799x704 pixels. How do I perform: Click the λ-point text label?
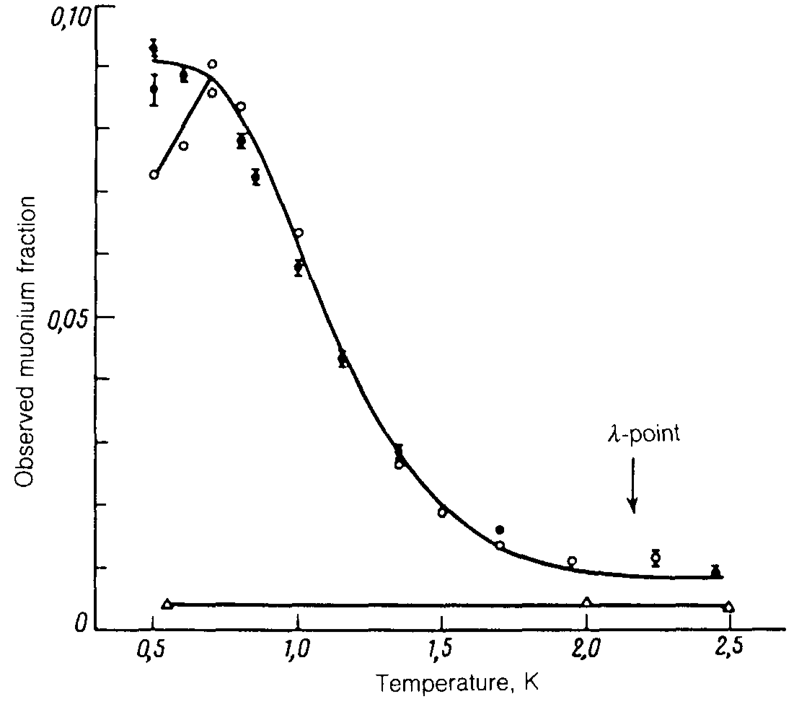coord(642,436)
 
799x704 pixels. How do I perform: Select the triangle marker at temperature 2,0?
coord(587,602)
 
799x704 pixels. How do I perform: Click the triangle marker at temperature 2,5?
coord(729,607)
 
